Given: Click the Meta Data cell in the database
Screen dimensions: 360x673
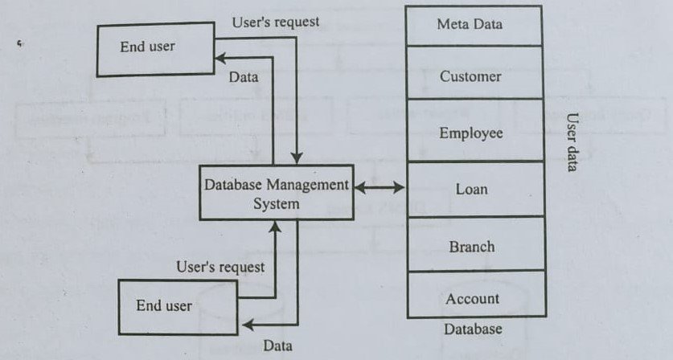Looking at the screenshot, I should [x=470, y=25].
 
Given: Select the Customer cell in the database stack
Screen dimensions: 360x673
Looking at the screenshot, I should [x=470, y=76].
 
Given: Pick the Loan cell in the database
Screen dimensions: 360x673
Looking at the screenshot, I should [x=470, y=190].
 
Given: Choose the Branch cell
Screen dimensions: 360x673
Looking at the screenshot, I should [x=470, y=247].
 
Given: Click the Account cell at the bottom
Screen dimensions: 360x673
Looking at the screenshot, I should [x=470, y=299].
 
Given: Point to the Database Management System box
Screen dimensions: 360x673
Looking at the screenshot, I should [x=276, y=194].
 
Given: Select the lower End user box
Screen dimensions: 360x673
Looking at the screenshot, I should [x=165, y=305].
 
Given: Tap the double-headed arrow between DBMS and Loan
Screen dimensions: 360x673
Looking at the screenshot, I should [x=380, y=188].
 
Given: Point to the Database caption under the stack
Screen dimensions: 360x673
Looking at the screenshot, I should [x=472, y=329].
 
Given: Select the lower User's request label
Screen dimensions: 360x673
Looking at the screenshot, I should [x=220, y=265].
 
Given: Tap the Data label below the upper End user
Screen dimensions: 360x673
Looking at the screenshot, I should [x=243, y=78].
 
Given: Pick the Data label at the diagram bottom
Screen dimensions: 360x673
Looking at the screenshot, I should [x=277, y=346].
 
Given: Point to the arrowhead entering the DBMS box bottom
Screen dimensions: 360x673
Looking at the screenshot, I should [x=275, y=227].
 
